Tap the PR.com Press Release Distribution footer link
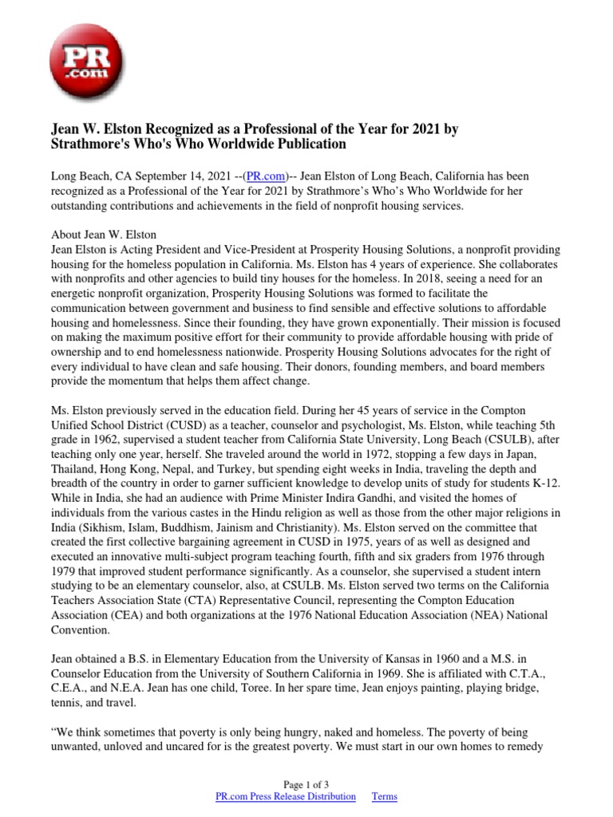(x=286, y=796)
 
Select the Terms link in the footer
(x=385, y=796)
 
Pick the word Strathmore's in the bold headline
(x=90, y=144)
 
